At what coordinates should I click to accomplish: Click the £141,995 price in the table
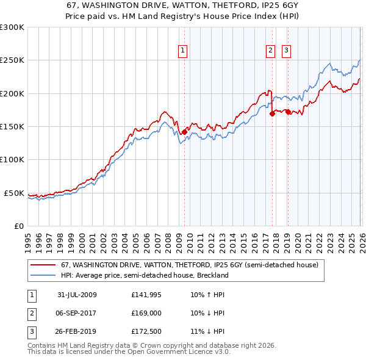click(x=144, y=295)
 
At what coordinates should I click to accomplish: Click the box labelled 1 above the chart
click(x=183, y=51)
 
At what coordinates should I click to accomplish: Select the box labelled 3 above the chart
click(x=286, y=51)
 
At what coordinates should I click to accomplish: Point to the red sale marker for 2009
click(x=184, y=131)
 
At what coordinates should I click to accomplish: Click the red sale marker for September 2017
click(x=272, y=113)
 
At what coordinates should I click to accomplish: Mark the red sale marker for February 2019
click(x=288, y=112)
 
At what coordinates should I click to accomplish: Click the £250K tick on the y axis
click(x=12, y=60)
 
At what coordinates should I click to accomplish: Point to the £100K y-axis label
click(x=12, y=160)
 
